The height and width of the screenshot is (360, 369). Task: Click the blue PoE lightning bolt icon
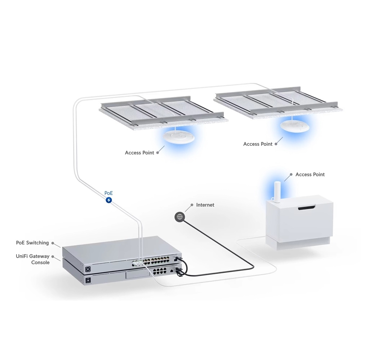tap(108, 200)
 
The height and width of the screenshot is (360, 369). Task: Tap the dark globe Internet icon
tap(180, 217)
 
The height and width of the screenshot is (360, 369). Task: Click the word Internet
tap(205, 205)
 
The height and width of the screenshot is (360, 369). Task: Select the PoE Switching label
tap(32, 243)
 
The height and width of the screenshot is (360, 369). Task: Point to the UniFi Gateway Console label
tap(33, 259)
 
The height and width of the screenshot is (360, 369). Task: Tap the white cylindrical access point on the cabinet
tap(277, 192)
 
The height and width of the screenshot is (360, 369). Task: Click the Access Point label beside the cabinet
tap(310, 175)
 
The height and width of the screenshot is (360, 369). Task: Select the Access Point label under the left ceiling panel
tap(139, 153)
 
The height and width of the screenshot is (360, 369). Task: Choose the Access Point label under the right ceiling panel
tap(258, 144)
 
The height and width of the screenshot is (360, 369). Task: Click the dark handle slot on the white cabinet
tap(306, 208)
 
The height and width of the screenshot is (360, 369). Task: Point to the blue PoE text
tap(108, 193)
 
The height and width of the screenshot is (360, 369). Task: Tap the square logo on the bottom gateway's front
tap(88, 280)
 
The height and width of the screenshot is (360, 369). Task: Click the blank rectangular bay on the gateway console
tap(138, 275)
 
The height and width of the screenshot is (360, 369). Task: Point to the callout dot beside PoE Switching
tap(53, 243)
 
